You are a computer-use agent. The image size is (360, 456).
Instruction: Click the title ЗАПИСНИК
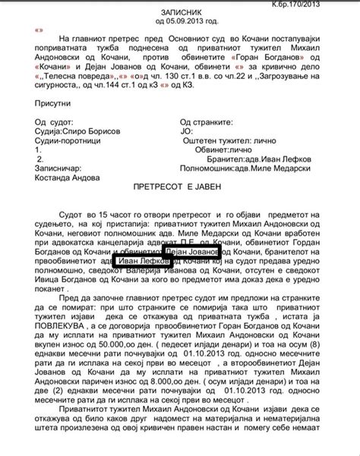[x=179, y=13]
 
